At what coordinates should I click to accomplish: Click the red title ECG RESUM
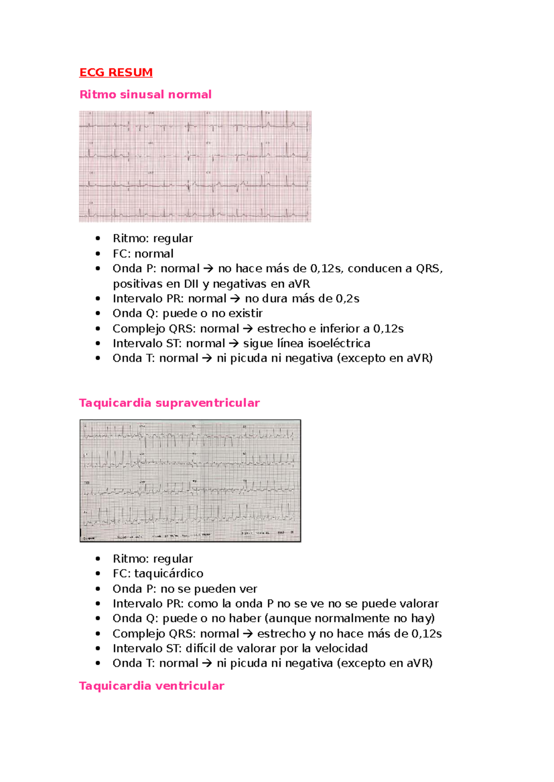click(116, 72)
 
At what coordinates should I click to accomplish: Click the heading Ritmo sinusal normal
click(145, 95)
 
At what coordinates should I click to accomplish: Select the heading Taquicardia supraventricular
click(169, 403)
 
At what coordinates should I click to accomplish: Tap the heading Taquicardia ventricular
click(151, 686)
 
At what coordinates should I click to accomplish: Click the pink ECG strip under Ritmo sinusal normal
click(195, 166)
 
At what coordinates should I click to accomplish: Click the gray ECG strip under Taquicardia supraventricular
click(190, 480)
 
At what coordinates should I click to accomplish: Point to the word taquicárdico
click(169, 574)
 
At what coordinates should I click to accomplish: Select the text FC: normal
click(143, 254)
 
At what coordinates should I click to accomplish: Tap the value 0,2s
click(347, 299)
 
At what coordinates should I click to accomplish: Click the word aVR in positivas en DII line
click(299, 284)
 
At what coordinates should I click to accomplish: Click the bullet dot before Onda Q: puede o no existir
click(98, 314)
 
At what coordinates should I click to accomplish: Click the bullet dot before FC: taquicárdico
click(98, 574)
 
